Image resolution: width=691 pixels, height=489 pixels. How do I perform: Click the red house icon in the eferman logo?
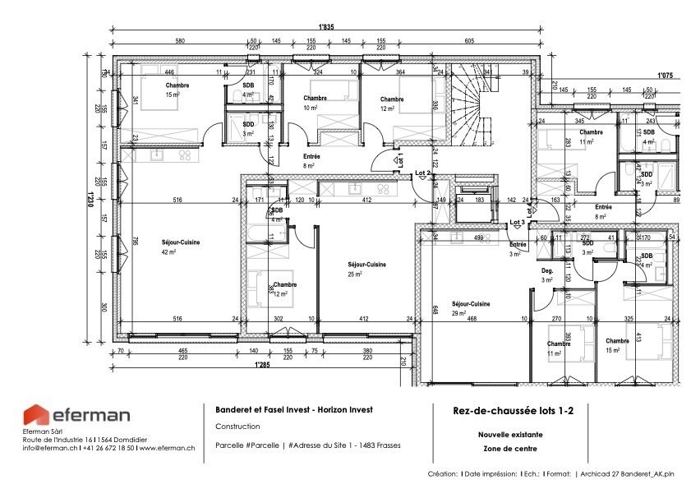coord(36,416)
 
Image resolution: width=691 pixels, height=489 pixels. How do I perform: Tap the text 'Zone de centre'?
coord(507,449)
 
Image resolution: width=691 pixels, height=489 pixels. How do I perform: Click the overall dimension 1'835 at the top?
coord(326,27)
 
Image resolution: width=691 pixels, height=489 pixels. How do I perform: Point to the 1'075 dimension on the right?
coord(665,75)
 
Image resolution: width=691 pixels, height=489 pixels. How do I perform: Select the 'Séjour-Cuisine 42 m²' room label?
coord(181,247)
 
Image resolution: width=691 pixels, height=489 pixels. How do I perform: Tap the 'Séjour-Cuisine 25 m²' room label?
coord(366,269)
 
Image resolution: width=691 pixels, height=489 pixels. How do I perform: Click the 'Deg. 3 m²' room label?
coord(547,275)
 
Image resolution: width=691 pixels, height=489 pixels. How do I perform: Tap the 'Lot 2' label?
coord(422,173)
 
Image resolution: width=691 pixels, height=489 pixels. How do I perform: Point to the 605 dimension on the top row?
coord(469,41)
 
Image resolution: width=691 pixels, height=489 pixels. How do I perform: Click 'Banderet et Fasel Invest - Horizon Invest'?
coord(293,409)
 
